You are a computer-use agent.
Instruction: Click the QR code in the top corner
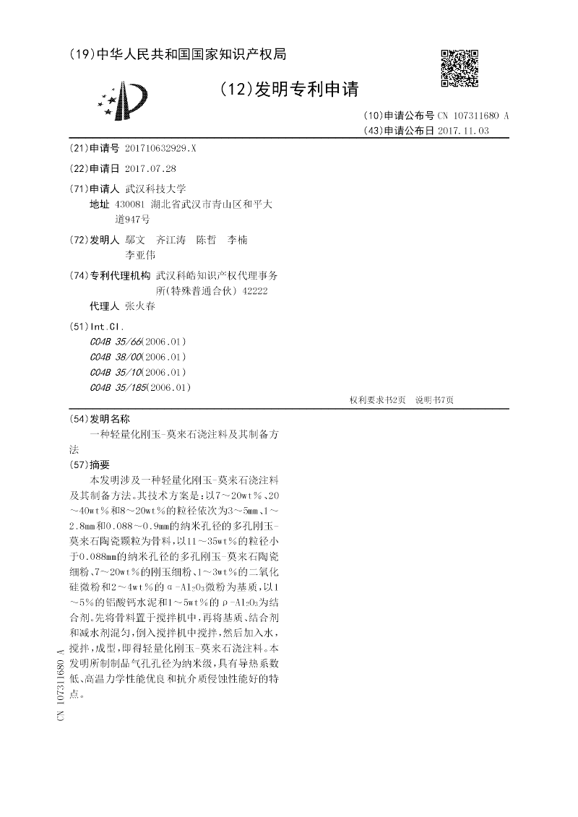[460, 68]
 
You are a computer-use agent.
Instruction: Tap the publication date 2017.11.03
[463, 131]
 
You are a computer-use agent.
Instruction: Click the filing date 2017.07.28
[150, 168]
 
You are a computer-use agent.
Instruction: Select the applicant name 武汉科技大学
[155, 189]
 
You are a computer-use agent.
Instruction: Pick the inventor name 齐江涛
[171, 240]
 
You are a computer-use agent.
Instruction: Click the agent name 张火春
[140, 306]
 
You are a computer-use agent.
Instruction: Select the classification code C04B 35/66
[116, 342]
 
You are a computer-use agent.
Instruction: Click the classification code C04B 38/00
[116, 357]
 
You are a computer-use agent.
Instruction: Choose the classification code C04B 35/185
[118, 387]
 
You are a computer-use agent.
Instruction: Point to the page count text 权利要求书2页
[377, 399]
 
